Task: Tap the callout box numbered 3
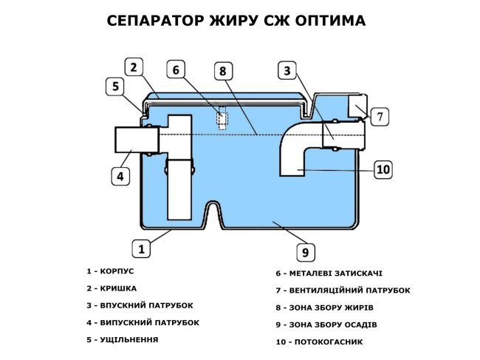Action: coord(288,71)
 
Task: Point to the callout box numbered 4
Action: coord(121,176)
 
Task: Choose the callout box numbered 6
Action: coord(176,70)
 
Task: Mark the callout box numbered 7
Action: coord(379,116)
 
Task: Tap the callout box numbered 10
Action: coord(383,169)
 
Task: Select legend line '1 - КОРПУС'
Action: coord(110,271)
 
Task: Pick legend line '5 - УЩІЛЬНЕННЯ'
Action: coord(122,339)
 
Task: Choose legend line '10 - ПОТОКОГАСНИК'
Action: coord(319,342)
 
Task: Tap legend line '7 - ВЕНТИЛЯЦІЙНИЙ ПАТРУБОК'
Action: coord(343,291)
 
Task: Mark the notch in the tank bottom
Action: coord(213,214)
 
